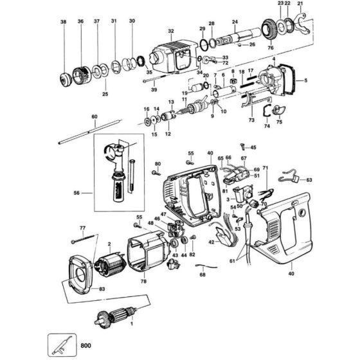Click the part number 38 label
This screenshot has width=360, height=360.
(63, 22)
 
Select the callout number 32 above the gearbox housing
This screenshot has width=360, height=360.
(170, 31)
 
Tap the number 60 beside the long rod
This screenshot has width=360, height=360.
(94, 116)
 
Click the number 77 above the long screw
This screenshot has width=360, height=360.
(82, 229)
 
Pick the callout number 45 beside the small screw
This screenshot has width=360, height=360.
(253, 148)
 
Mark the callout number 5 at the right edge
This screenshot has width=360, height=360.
(305, 80)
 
